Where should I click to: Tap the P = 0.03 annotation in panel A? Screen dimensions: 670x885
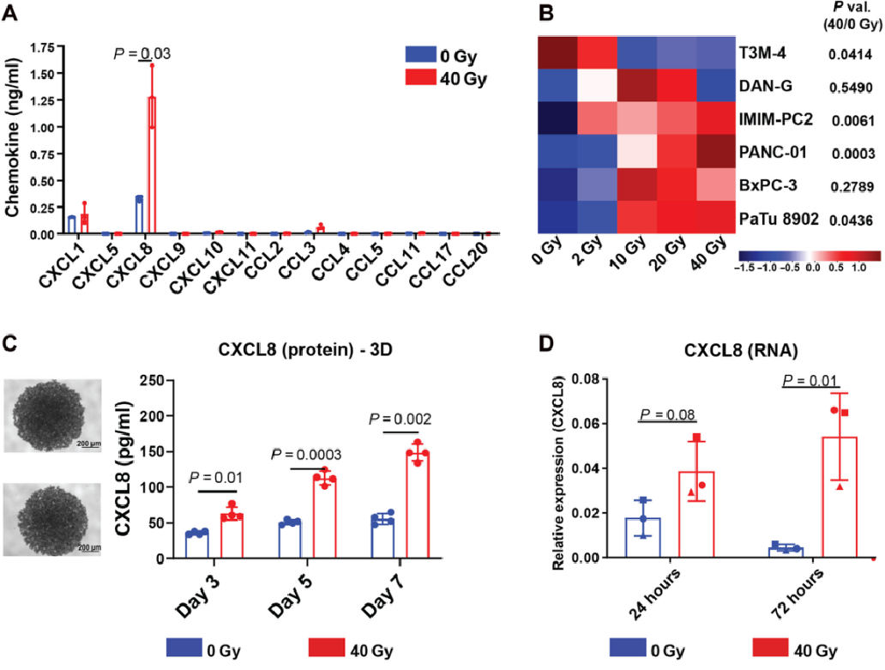pos(142,53)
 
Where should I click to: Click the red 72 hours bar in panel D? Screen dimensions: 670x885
pos(841,498)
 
